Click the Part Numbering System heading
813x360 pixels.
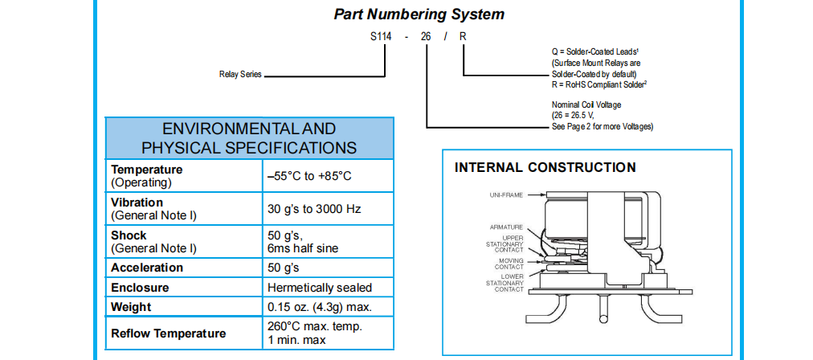tap(419, 14)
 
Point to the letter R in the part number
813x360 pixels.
tap(463, 37)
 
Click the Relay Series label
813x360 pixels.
tap(240, 74)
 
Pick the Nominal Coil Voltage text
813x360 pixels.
tap(586, 104)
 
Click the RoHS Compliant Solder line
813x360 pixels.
tap(599, 84)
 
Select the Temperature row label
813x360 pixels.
tap(147, 170)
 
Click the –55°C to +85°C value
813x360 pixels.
tap(309, 176)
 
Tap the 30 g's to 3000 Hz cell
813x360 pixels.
tap(314, 209)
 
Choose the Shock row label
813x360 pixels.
tap(129, 235)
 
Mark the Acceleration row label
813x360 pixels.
tap(147, 268)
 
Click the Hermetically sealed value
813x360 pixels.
tap(319, 287)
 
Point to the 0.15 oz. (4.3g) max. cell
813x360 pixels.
tap(318, 307)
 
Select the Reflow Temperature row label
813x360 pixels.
tap(169, 333)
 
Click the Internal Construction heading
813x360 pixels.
tap(545, 168)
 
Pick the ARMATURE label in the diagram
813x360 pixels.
tap(507, 227)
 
